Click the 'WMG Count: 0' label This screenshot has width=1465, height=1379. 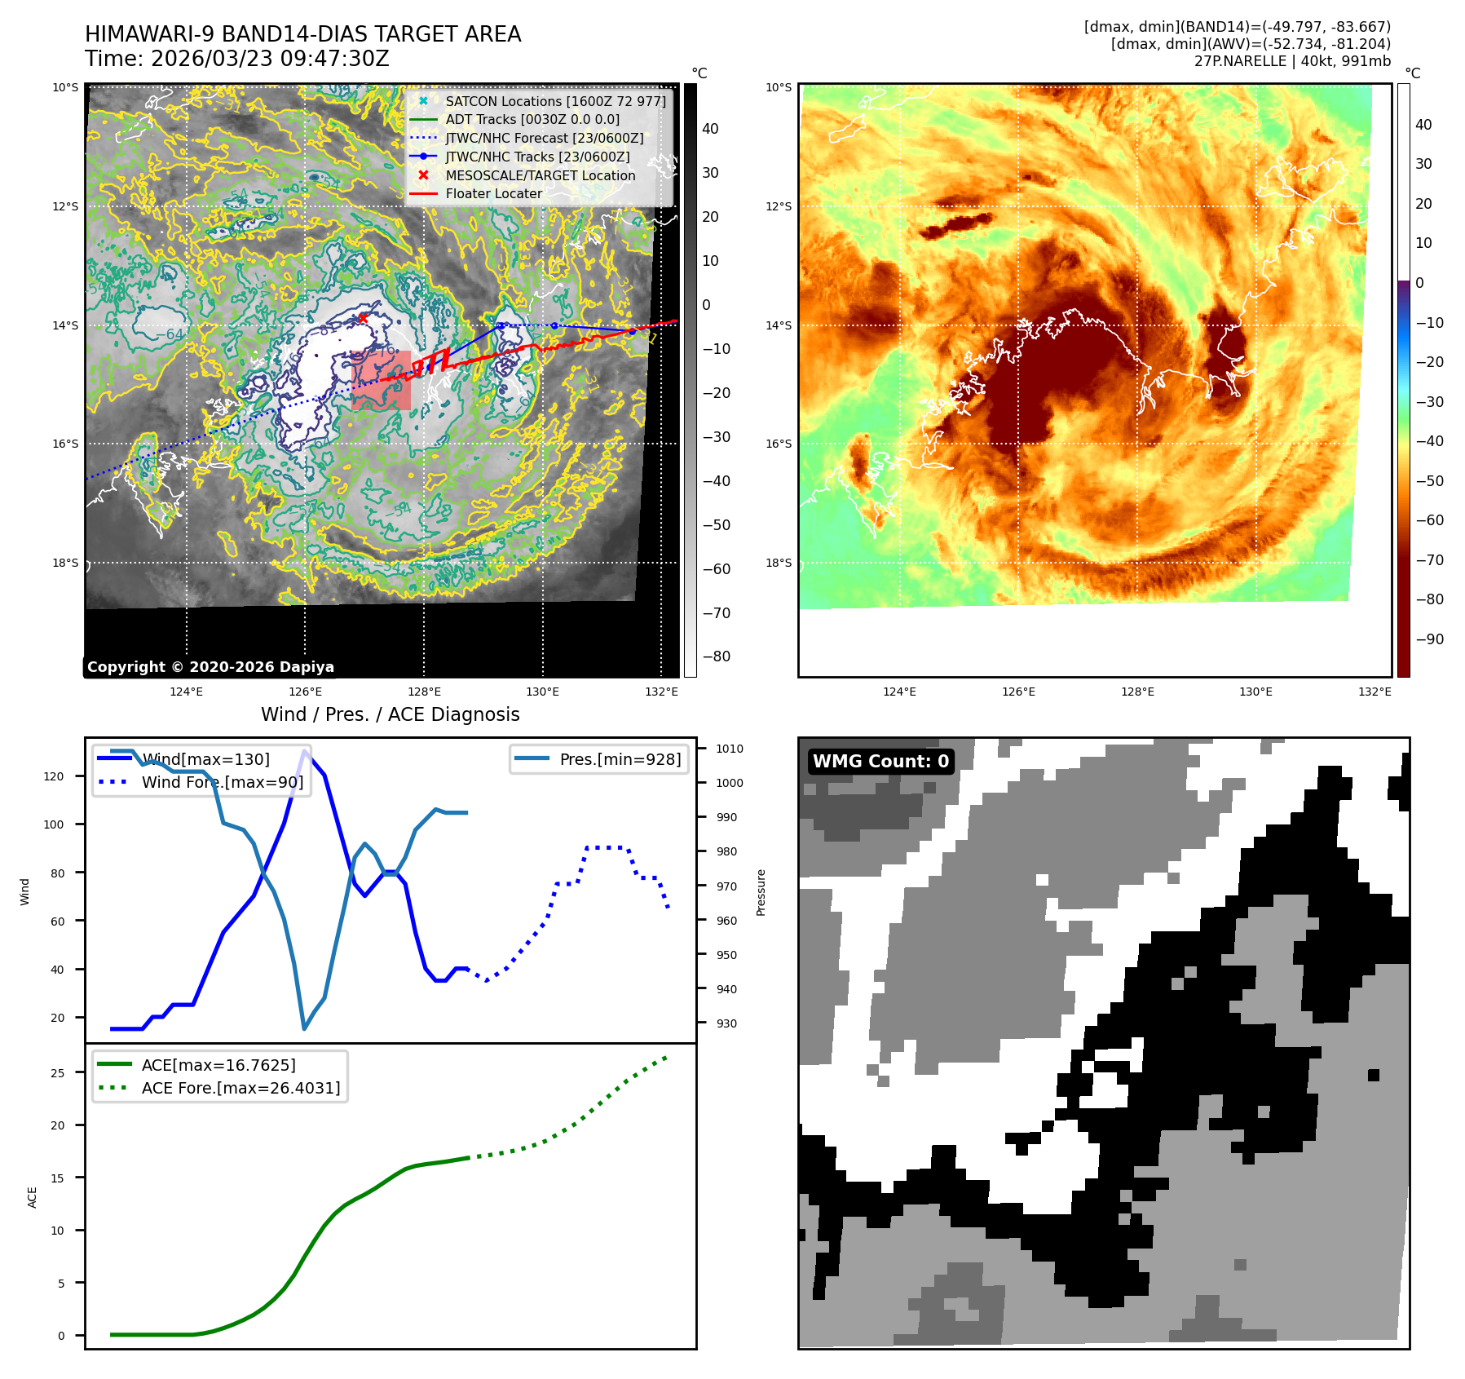coord(880,762)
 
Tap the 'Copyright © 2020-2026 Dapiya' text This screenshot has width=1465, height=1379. coord(210,667)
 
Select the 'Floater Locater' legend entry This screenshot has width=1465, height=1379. coord(493,194)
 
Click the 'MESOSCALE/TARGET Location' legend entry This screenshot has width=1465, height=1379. coord(540,175)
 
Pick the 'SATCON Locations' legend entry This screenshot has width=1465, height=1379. coord(555,101)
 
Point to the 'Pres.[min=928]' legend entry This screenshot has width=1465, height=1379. coord(620,759)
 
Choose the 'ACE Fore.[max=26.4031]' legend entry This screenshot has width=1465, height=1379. coord(240,1088)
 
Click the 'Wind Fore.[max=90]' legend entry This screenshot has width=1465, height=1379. coord(222,782)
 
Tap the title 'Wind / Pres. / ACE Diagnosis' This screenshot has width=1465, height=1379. coord(390,714)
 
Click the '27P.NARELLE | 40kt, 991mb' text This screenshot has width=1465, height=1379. coord(1292,61)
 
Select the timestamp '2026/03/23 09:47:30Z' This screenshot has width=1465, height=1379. coord(270,60)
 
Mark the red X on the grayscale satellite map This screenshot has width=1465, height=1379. coord(363,318)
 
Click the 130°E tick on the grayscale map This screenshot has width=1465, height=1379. coord(542,692)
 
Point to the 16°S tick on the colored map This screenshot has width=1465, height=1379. coord(779,444)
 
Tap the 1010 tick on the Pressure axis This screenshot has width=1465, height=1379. coord(730,749)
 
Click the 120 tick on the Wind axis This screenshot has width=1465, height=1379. coord(54,776)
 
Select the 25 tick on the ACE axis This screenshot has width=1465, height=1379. coord(57,1073)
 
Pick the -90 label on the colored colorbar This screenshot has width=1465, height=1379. coord(1429,639)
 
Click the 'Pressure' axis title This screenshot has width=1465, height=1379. coord(761,892)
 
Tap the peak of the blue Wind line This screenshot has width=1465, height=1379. coord(305,751)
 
